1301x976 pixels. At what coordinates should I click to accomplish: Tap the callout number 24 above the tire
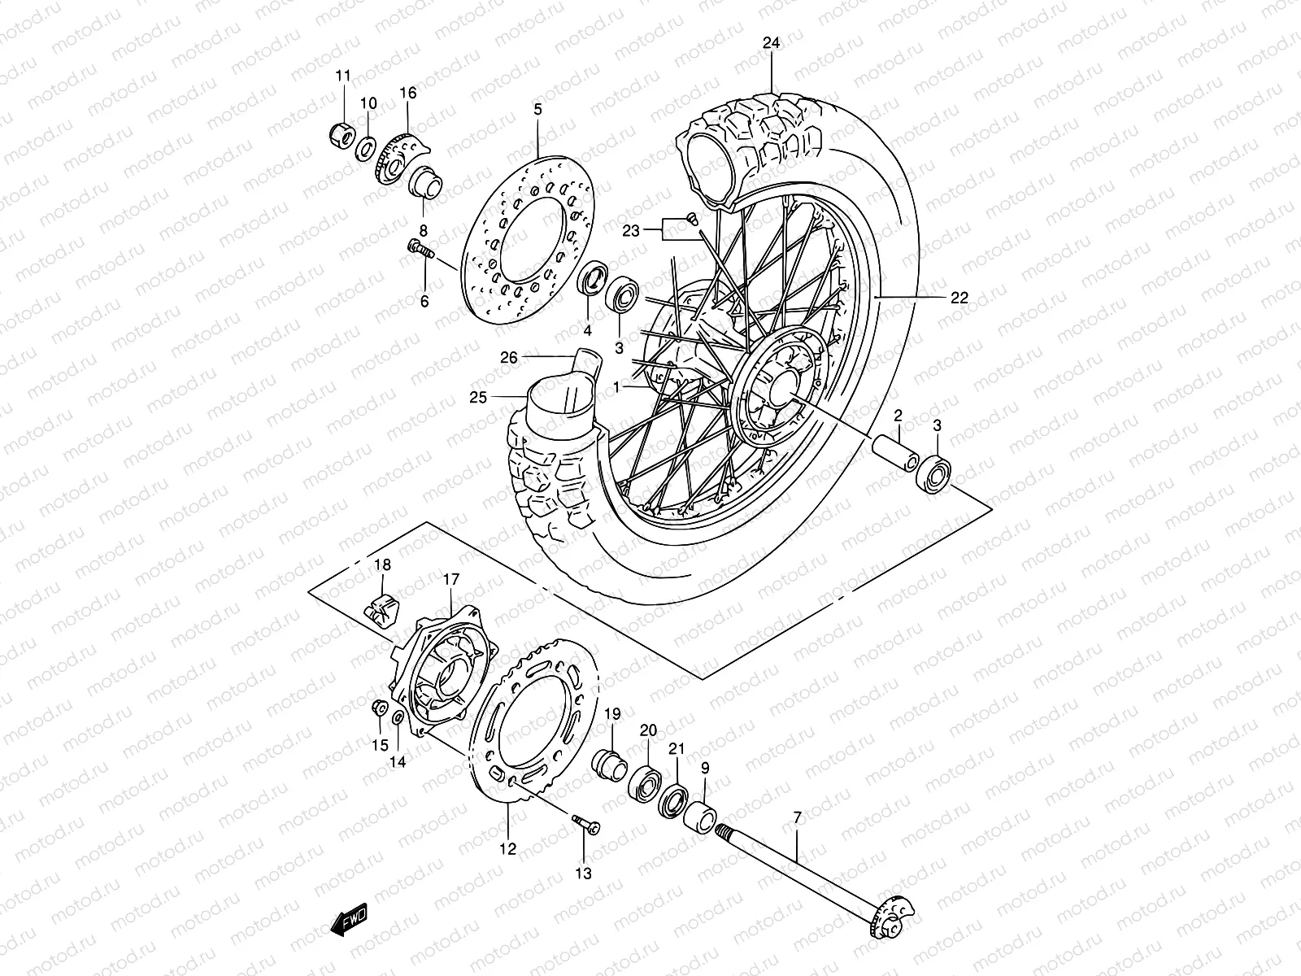tap(771, 44)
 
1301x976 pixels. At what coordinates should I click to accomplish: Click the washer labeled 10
tap(367, 146)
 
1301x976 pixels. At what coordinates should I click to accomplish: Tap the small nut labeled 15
tap(378, 708)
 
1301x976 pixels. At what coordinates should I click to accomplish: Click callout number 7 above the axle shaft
tap(797, 816)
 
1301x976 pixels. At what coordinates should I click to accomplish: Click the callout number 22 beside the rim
tap(959, 298)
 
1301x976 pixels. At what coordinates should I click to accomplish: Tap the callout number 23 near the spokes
tap(632, 231)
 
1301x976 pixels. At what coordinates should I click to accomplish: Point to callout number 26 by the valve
tap(509, 356)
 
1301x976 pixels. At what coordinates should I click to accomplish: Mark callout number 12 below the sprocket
tap(507, 850)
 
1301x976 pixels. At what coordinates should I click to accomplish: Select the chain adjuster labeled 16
tap(402, 160)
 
